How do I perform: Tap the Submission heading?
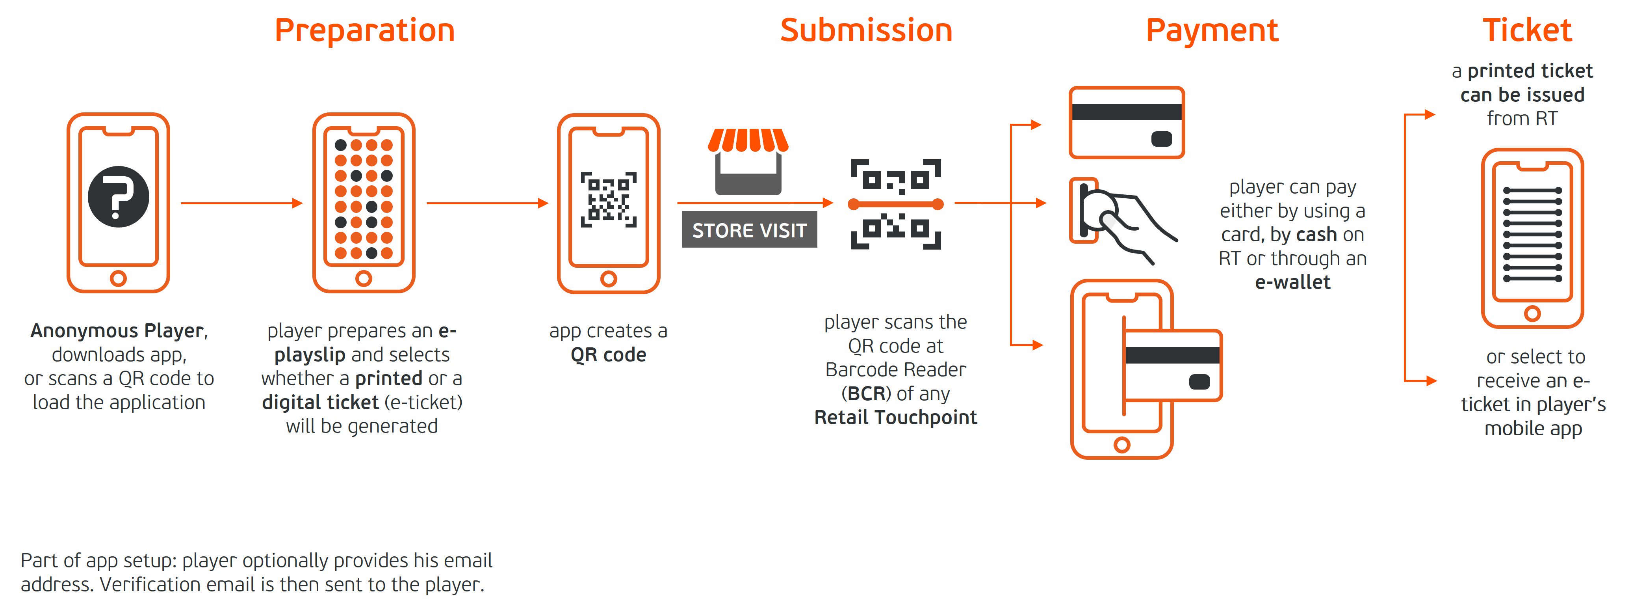(866, 30)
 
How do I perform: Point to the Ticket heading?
(1527, 30)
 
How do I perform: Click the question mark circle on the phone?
(119, 196)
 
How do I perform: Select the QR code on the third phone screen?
(608, 200)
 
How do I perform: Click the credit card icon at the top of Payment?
(1127, 122)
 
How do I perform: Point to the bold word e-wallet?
(1292, 282)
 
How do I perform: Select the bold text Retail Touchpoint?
(895, 417)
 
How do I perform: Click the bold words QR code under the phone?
(608, 354)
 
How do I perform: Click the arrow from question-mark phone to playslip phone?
(241, 203)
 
